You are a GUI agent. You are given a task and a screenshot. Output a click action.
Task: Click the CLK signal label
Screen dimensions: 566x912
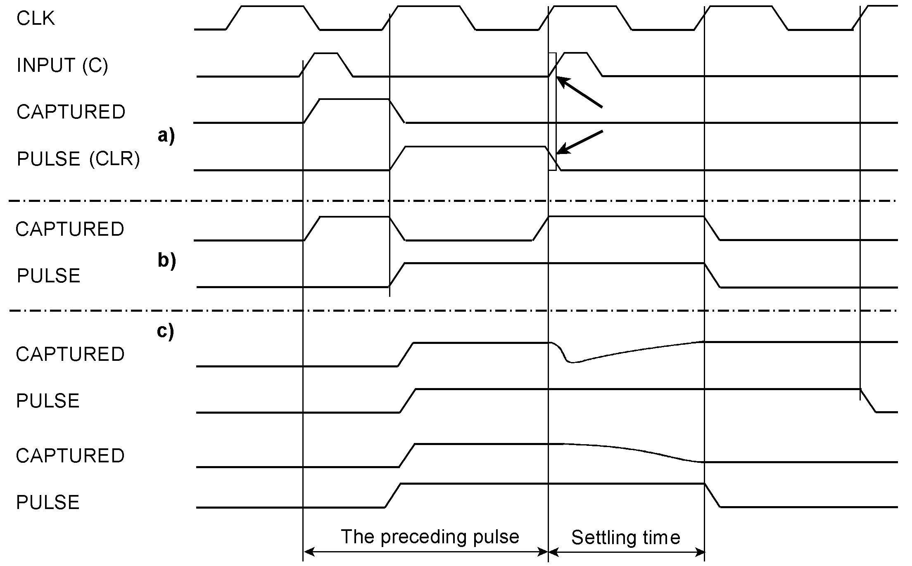point(36,19)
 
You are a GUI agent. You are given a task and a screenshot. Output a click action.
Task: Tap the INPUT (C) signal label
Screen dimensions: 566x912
point(62,66)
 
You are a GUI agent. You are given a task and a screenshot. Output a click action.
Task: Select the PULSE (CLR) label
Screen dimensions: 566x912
point(78,159)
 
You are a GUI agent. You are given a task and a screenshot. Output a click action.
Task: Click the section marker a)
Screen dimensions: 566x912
point(166,135)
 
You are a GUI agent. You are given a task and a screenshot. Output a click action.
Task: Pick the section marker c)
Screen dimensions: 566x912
point(166,331)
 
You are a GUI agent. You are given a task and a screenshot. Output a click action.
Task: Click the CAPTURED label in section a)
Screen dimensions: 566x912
point(71,112)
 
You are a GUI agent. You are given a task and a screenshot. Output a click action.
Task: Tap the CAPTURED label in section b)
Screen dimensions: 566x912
point(70,229)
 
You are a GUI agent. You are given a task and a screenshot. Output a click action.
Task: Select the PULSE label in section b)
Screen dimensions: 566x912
point(48,276)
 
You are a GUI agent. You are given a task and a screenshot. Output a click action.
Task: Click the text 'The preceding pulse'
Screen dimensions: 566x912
point(430,537)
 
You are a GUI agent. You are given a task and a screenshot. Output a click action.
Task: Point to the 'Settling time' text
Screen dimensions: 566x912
point(625,538)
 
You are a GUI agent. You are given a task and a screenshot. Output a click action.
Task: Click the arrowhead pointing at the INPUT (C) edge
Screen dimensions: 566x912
point(560,80)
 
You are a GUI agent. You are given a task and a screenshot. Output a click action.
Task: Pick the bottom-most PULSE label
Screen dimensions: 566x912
point(47,502)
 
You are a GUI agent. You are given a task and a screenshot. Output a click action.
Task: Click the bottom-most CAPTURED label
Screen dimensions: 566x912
point(70,456)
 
